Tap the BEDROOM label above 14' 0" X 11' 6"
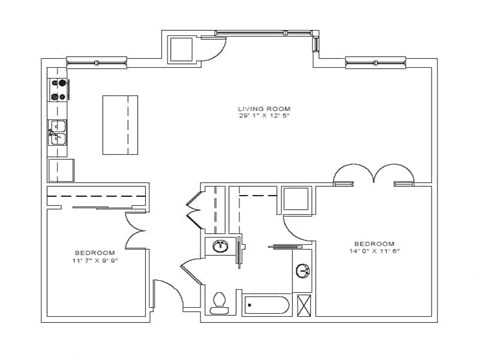pyautogui.click(x=374, y=243)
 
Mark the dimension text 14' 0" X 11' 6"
pyautogui.click(x=374, y=252)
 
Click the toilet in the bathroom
pyautogui.click(x=221, y=300)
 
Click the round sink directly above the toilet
pyautogui.click(x=221, y=247)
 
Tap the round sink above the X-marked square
pyautogui.click(x=303, y=270)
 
